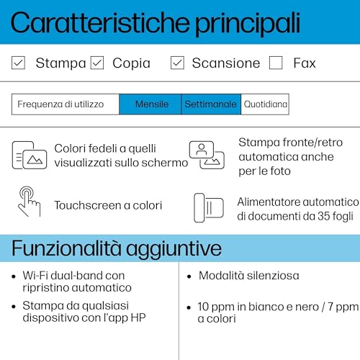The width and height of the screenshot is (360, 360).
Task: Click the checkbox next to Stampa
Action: point(19,63)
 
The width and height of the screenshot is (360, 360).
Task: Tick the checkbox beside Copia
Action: point(97,63)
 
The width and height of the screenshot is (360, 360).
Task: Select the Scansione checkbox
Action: point(177,63)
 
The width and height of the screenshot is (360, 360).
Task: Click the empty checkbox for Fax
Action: point(276,63)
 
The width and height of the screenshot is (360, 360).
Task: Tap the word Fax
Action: point(305,63)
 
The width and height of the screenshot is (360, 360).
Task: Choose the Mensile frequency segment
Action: point(150,104)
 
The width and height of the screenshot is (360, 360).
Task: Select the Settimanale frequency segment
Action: point(210,104)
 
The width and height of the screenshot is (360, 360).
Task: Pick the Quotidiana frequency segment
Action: point(265,104)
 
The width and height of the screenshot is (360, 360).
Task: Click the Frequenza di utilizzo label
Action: point(60,104)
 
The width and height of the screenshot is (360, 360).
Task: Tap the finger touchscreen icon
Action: point(29,202)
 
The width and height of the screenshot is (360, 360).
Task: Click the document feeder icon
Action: point(208,207)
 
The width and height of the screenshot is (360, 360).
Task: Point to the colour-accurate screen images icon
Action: point(29,155)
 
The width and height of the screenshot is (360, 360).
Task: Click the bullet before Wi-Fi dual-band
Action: point(16,276)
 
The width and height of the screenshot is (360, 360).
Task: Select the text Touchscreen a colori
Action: point(108,205)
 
